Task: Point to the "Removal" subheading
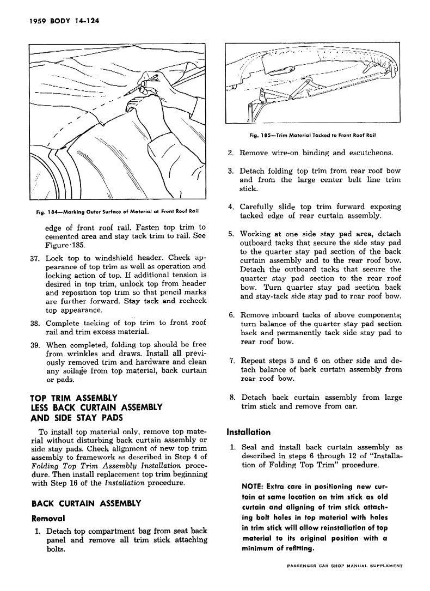coord(48,518)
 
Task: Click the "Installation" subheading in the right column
coord(248,432)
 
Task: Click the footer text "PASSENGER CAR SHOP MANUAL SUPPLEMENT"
coord(344,582)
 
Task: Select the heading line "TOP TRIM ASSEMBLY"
coord(73,397)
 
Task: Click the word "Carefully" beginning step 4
coord(259,207)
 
